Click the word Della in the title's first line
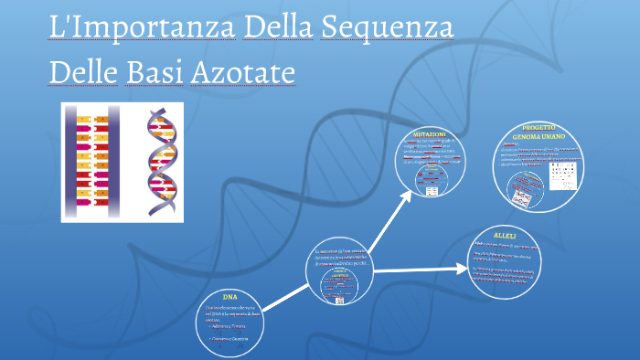(x=277, y=27)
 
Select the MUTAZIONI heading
(x=429, y=134)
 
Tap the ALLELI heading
(x=505, y=236)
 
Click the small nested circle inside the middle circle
(x=339, y=286)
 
